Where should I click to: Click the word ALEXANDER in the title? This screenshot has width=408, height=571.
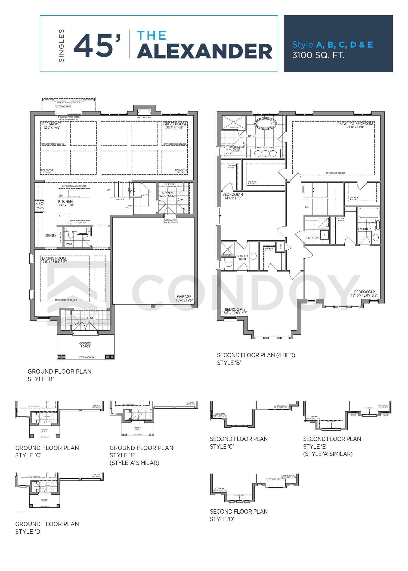coord(205,51)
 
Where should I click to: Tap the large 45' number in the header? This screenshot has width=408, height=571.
coord(97,46)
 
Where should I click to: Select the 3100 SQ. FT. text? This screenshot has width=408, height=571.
coord(318,55)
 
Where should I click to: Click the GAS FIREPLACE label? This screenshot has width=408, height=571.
coord(144,117)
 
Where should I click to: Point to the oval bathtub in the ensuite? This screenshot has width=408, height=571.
coord(265,123)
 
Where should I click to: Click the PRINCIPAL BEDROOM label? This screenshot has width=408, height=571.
coord(355,124)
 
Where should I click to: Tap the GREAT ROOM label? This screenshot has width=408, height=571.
coord(174,124)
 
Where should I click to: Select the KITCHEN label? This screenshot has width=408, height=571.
coord(65,201)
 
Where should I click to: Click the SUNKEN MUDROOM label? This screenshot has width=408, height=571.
coord(167,194)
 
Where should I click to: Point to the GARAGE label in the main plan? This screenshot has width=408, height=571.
coord(184,297)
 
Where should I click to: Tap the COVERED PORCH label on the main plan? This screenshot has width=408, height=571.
coord(85,345)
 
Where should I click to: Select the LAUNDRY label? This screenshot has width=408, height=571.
coord(312,238)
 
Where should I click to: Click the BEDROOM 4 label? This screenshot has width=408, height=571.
coord(233,194)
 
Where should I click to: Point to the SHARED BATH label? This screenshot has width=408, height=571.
coord(242,257)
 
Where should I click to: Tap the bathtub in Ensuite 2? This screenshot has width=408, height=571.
coord(369,213)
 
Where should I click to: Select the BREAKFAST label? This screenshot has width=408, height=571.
coord(51,124)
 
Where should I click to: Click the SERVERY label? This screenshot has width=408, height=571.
coord(51,235)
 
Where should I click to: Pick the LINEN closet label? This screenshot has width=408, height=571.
coord(280,246)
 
